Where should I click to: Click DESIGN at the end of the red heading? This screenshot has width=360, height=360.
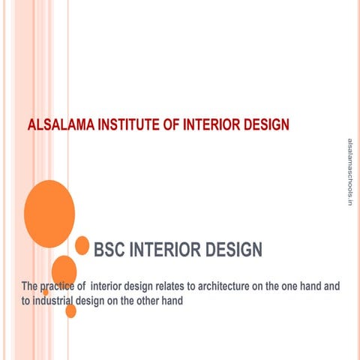[x=264, y=124]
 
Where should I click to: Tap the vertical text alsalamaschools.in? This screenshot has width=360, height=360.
[x=349, y=172]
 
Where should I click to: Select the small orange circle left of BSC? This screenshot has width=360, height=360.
[x=82, y=244]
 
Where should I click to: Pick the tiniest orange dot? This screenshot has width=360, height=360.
[x=46, y=293]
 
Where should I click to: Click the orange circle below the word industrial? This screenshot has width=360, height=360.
[x=70, y=310]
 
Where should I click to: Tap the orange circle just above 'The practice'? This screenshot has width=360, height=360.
[x=64, y=270]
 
